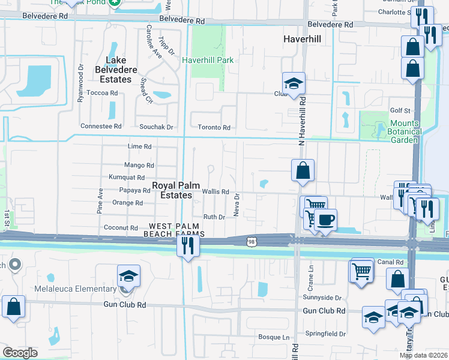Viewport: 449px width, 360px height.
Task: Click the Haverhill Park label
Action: pos(207,60)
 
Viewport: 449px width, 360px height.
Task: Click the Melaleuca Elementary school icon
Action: pos(129,276)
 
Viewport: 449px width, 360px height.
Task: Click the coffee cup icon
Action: pos(325,220)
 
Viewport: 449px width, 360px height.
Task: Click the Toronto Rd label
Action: pos(214,127)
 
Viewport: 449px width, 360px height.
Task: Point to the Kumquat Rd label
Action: pos(127,177)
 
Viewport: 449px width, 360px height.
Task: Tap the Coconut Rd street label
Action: pos(121,227)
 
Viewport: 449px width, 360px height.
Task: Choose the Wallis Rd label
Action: pos(215,191)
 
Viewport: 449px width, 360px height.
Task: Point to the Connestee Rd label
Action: pos(101,127)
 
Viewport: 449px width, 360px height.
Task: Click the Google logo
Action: pos(20,353)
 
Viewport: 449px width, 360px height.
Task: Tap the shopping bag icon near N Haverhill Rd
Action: pos(303,170)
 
